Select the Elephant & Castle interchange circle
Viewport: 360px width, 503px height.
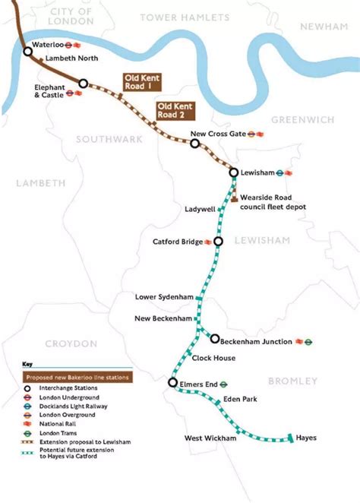click(84, 84)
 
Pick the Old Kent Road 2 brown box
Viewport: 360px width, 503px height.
click(175, 111)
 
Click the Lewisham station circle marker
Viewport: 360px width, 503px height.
click(234, 172)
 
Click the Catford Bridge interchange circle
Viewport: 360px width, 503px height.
click(218, 242)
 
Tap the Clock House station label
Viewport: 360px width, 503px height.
click(213, 358)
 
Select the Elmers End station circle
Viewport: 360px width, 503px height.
click(173, 383)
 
